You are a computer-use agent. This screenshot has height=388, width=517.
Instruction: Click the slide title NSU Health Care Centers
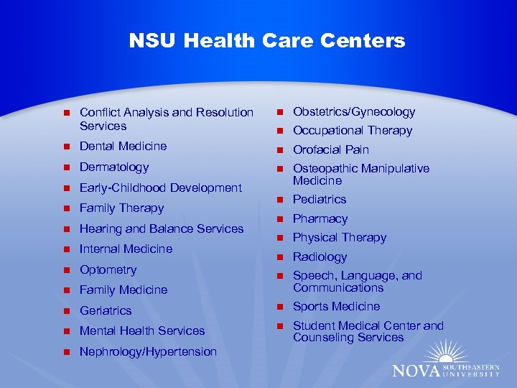267,41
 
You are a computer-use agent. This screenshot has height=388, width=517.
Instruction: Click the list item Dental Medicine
123,146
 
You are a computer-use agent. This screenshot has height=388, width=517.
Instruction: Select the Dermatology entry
114,167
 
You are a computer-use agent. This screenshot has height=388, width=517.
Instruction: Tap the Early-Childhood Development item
161,188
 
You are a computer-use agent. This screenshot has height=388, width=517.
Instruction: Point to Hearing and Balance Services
162,228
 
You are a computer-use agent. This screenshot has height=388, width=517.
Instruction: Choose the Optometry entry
108,269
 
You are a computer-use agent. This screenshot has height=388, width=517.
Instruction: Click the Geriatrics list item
106,310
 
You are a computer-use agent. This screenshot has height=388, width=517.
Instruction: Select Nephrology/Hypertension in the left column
148,351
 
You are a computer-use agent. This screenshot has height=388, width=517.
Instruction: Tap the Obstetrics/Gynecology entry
354,111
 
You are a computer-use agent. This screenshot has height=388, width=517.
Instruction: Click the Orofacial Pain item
331,149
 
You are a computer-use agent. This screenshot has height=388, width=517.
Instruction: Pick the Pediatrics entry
320,199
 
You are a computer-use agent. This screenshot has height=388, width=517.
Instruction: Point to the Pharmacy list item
320,218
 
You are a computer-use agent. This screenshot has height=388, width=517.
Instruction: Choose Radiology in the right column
320,257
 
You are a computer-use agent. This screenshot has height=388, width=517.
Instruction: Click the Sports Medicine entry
336,306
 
